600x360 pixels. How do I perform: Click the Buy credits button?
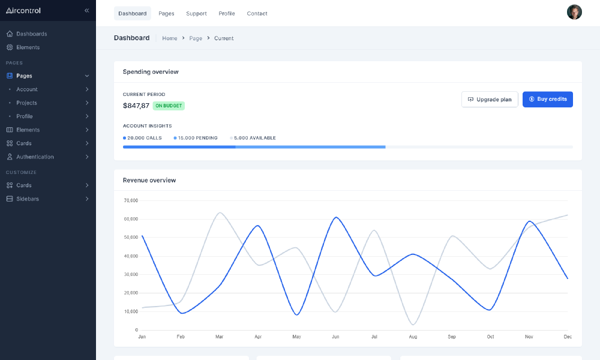point(547,99)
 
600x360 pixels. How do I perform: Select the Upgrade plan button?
point(490,99)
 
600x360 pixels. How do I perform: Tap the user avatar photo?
point(574,13)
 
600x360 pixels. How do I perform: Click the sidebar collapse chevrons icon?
point(86,11)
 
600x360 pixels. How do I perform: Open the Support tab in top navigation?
point(196,13)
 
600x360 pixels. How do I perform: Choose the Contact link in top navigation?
point(257,13)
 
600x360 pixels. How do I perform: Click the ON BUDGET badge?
point(169,106)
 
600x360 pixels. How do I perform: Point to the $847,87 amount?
point(136,106)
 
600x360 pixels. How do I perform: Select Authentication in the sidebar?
point(35,157)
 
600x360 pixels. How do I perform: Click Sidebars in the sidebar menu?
point(28,199)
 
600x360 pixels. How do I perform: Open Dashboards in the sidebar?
point(31,34)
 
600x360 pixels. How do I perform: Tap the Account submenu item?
point(27,89)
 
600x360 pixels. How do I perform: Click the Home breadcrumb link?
point(170,38)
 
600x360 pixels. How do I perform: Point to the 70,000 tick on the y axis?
point(131,200)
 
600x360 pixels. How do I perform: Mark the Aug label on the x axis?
point(412,337)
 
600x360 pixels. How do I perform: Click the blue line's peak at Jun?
point(336,217)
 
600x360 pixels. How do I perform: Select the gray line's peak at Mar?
point(220,212)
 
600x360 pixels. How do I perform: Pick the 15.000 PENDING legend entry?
point(196,138)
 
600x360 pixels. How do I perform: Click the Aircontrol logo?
point(23,11)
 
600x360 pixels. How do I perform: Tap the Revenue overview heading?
point(149,180)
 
